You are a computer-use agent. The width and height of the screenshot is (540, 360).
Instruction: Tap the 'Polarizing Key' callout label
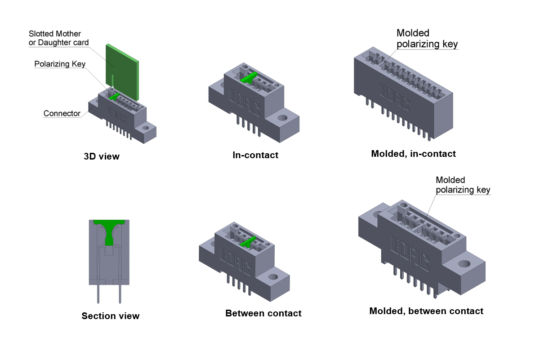[60, 64]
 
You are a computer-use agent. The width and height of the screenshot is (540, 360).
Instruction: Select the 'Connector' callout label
[62, 113]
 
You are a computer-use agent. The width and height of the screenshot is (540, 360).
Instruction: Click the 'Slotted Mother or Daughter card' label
[58, 38]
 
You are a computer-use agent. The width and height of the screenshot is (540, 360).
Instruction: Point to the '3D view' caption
[102, 156]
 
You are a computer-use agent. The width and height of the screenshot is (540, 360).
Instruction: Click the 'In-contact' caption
[255, 155]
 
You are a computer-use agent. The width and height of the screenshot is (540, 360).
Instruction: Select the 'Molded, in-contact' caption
[413, 154]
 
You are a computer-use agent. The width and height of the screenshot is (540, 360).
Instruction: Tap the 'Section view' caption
[111, 316]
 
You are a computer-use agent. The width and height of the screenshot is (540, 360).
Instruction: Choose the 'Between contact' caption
[263, 313]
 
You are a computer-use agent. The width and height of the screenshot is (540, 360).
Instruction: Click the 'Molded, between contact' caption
[426, 311]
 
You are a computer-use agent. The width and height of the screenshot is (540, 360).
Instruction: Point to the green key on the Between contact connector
[248, 242]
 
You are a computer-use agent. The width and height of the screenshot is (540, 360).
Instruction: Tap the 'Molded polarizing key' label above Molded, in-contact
[427, 38]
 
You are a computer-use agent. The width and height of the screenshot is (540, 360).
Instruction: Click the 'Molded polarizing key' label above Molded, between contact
[463, 185]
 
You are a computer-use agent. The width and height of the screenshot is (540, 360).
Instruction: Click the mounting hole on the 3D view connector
[145, 128]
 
